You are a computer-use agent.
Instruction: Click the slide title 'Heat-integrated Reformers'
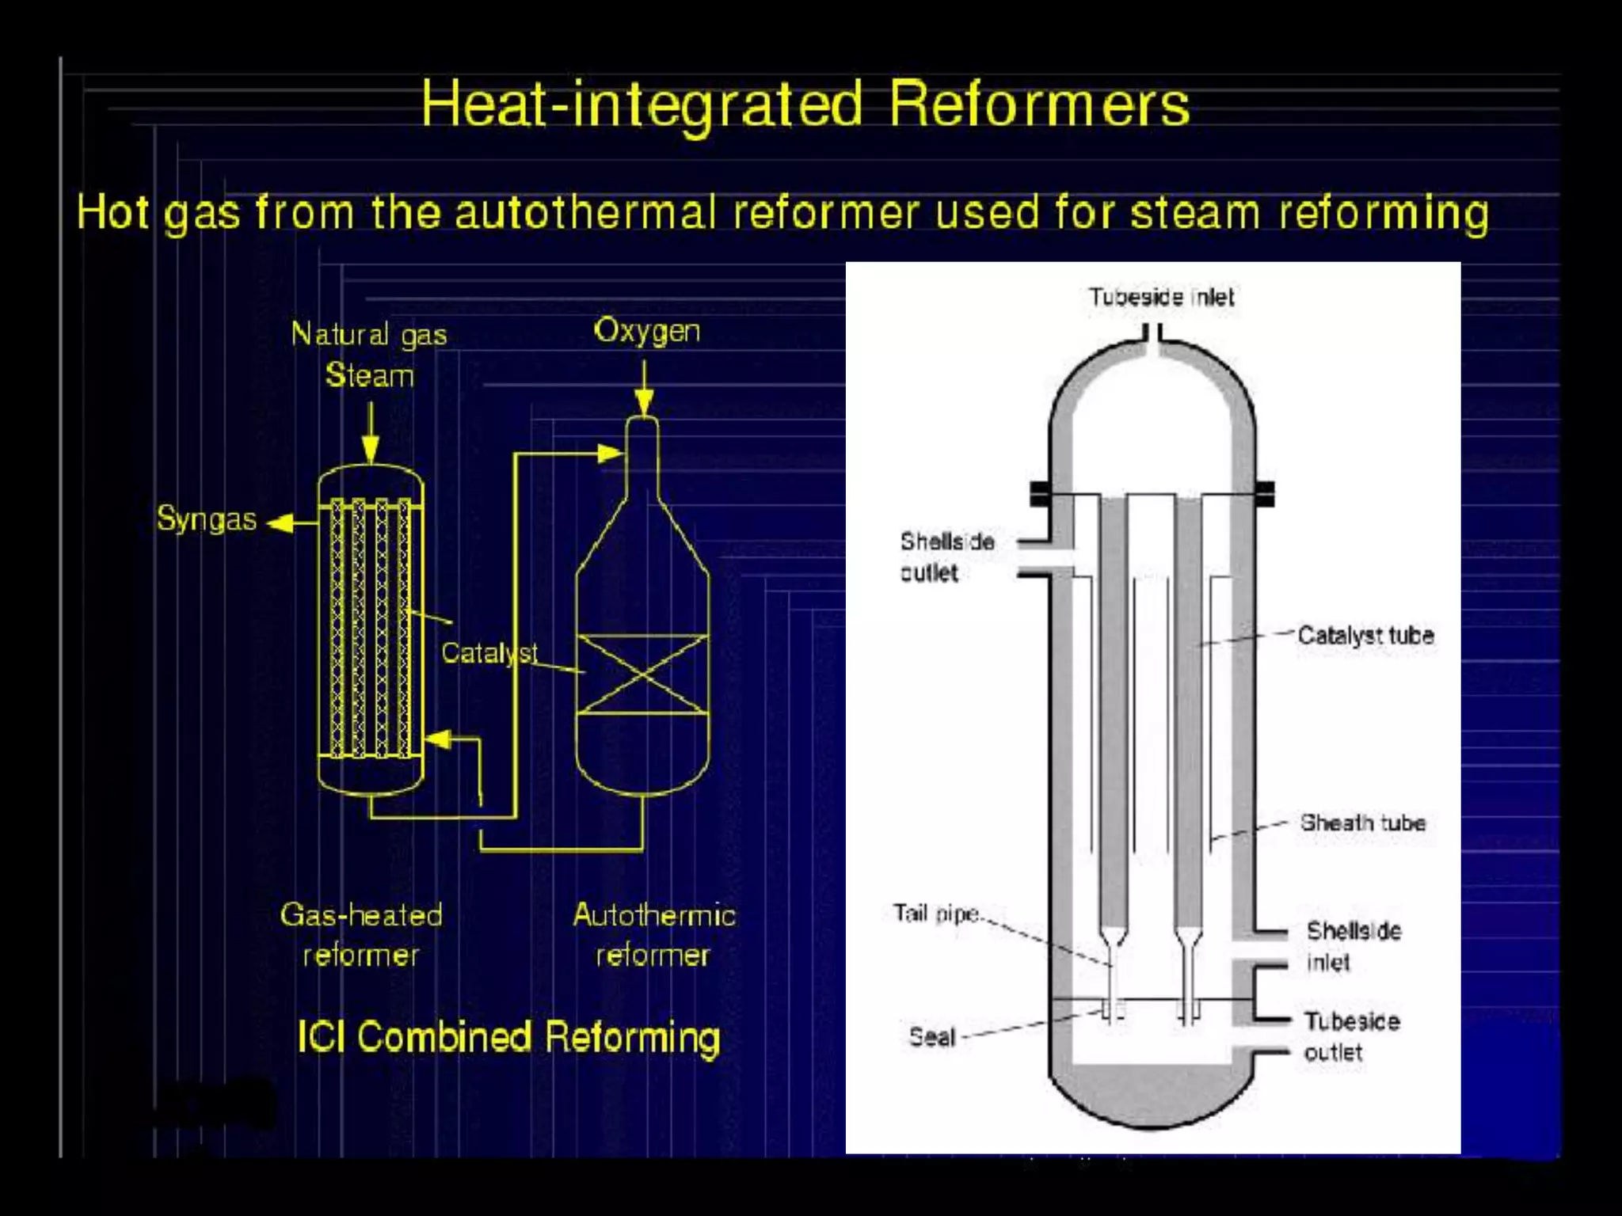coord(805,104)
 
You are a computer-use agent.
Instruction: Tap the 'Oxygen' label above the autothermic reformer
coord(647,331)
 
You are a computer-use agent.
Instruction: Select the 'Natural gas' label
coord(369,334)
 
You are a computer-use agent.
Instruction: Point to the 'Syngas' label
coord(206,519)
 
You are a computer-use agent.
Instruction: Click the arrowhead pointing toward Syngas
coord(280,523)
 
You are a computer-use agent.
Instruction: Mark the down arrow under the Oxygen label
coord(645,401)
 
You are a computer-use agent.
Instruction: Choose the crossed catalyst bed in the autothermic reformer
coord(642,674)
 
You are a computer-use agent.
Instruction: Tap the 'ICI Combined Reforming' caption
coord(508,1037)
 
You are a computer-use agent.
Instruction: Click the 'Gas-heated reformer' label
coord(361,935)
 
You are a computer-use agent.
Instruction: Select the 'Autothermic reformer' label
coord(653,935)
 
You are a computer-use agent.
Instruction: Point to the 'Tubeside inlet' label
coord(1161,298)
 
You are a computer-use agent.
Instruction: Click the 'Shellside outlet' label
coord(946,557)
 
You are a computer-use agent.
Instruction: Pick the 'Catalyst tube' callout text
coord(1365,635)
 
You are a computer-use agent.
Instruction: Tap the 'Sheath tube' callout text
coord(1362,823)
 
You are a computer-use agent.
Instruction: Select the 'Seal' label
coord(932,1037)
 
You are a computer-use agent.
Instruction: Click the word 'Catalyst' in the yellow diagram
coord(489,653)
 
